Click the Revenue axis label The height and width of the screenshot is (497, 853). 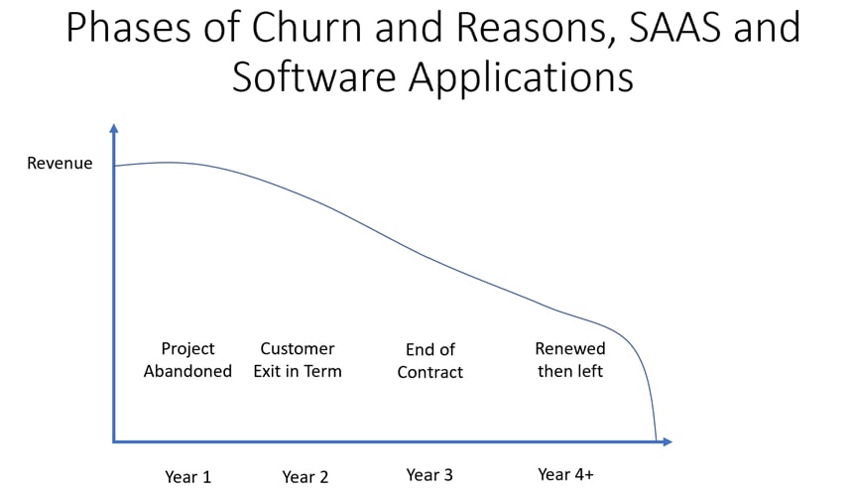pos(60,163)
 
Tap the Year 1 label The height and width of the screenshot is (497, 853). pos(187,477)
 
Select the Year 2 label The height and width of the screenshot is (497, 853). pos(305,477)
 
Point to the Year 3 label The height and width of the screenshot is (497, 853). pos(429,475)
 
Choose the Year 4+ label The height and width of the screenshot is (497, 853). pos(565,474)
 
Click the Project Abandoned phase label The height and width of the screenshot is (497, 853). pos(187,360)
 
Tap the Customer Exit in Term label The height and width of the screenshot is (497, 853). pos(298,360)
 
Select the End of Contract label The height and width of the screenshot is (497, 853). pos(429,361)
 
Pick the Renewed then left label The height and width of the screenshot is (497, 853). pos(570,360)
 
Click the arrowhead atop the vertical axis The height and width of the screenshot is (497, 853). pos(114,128)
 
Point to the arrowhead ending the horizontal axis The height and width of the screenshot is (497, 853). pos(669,441)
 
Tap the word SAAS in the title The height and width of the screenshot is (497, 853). pos(674,27)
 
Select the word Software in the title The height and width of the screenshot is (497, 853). pos(313,76)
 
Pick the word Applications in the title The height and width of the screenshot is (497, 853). pos(521,77)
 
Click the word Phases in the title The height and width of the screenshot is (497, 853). pos(128,27)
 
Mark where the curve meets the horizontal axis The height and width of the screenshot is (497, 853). pos(656,440)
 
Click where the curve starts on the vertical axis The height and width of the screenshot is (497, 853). pos(114,166)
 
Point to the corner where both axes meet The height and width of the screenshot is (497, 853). pos(114,441)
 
